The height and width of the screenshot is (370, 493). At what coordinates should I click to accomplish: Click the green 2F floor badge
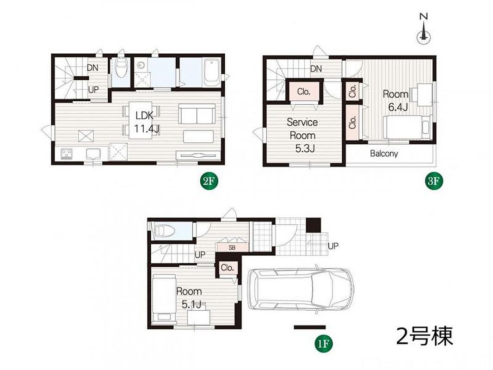[x=210, y=181]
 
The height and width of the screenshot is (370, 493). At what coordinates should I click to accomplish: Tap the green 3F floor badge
[x=435, y=181]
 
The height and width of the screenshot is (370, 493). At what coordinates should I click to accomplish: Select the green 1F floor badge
[x=324, y=344]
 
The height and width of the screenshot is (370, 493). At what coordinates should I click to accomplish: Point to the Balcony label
[x=383, y=154]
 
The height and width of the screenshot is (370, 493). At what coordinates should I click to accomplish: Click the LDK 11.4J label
[x=145, y=122]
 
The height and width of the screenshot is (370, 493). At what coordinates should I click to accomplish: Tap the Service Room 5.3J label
[x=302, y=136]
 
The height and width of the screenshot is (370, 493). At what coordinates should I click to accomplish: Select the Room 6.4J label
[x=395, y=100]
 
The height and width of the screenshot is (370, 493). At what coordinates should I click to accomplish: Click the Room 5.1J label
[x=189, y=298]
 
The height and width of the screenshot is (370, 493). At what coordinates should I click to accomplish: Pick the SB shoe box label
[x=232, y=247]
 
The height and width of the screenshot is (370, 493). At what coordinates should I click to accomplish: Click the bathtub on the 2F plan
[x=212, y=73]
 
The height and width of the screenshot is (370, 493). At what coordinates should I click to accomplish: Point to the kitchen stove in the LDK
[x=67, y=154]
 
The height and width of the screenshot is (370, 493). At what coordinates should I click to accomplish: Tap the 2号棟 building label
[x=425, y=336]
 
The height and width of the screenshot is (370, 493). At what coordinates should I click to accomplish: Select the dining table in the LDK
[x=141, y=120]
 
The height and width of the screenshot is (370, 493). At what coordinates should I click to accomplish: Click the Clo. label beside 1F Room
[x=228, y=268]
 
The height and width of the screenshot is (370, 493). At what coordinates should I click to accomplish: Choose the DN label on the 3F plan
[x=316, y=68]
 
